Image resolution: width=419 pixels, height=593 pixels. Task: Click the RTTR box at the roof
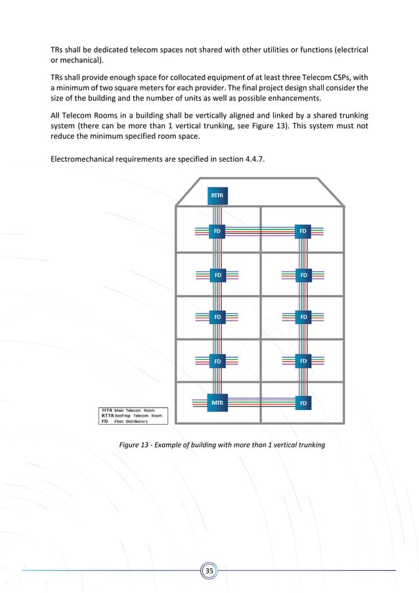217,195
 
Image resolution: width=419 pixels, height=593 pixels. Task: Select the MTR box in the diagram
217,402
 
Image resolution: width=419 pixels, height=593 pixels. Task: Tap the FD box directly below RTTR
217,231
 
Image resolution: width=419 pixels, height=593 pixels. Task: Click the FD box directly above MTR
217,361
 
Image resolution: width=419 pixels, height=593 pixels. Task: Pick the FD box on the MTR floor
303,402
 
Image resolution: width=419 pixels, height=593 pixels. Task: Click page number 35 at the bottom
209,570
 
